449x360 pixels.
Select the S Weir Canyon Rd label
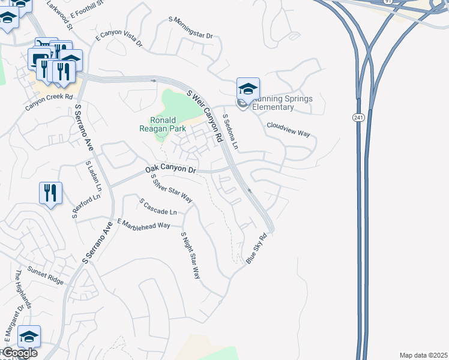click(205, 116)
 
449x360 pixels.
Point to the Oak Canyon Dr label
click(171, 170)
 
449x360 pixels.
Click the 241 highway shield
click(358, 118)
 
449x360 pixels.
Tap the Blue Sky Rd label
click(255, 247)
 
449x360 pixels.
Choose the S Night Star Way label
click(190, 256)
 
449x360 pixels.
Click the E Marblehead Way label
click(144, 224)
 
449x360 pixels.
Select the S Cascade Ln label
click(158, 208)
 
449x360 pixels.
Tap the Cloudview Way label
click(288, 129)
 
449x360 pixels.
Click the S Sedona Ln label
click(230, 133)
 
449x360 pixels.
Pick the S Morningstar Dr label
click(191, 28)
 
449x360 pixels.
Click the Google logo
click(19, 353)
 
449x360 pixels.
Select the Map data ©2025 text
click(423, 355)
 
